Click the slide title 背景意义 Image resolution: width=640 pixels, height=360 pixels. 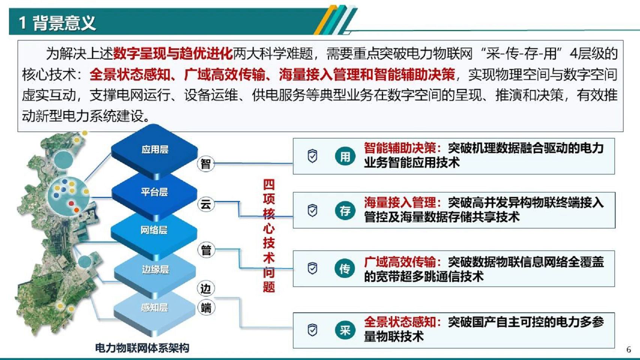coord(64,23)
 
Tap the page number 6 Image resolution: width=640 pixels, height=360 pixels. coord(629,349)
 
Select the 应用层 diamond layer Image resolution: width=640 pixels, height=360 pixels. coord(155,150)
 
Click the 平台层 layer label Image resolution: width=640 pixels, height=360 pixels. coord(154,192)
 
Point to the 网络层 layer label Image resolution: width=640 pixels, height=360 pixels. coord(154,230)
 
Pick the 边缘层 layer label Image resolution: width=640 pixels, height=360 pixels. coord(155,269)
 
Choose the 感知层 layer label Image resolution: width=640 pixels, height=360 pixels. coord(154,307)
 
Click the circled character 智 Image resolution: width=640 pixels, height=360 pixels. coord(206,164)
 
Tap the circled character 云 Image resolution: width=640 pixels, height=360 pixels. coord(206,204)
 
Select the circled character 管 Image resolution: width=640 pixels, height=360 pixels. coord(206,250)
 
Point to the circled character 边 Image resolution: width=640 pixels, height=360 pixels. coord(206,289)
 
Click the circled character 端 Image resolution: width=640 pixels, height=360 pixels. coord(206,308)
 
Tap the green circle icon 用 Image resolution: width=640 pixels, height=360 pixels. coord(345,156)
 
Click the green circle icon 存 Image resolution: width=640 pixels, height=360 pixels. coord(345,210)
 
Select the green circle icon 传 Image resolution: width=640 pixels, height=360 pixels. coord(345,268)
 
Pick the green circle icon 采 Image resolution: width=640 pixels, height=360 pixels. coord(345,330)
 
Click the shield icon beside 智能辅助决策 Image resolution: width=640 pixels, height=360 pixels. coord(312,156)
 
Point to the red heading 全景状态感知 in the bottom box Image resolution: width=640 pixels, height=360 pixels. coord(400,322)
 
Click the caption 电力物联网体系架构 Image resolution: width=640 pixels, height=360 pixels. coord(142,348)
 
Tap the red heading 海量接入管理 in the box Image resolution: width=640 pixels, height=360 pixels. coord(400,203)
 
